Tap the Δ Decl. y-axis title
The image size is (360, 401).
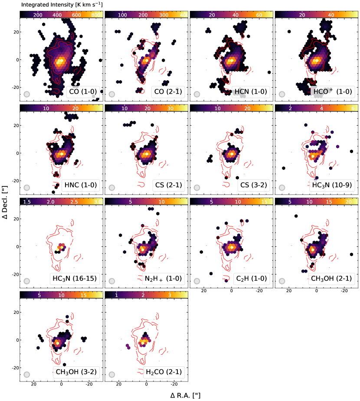click(x=6, y=200)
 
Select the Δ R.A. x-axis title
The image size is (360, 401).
click(x=185, y=395)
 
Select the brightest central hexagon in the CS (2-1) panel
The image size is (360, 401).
click(x=147, y=153)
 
